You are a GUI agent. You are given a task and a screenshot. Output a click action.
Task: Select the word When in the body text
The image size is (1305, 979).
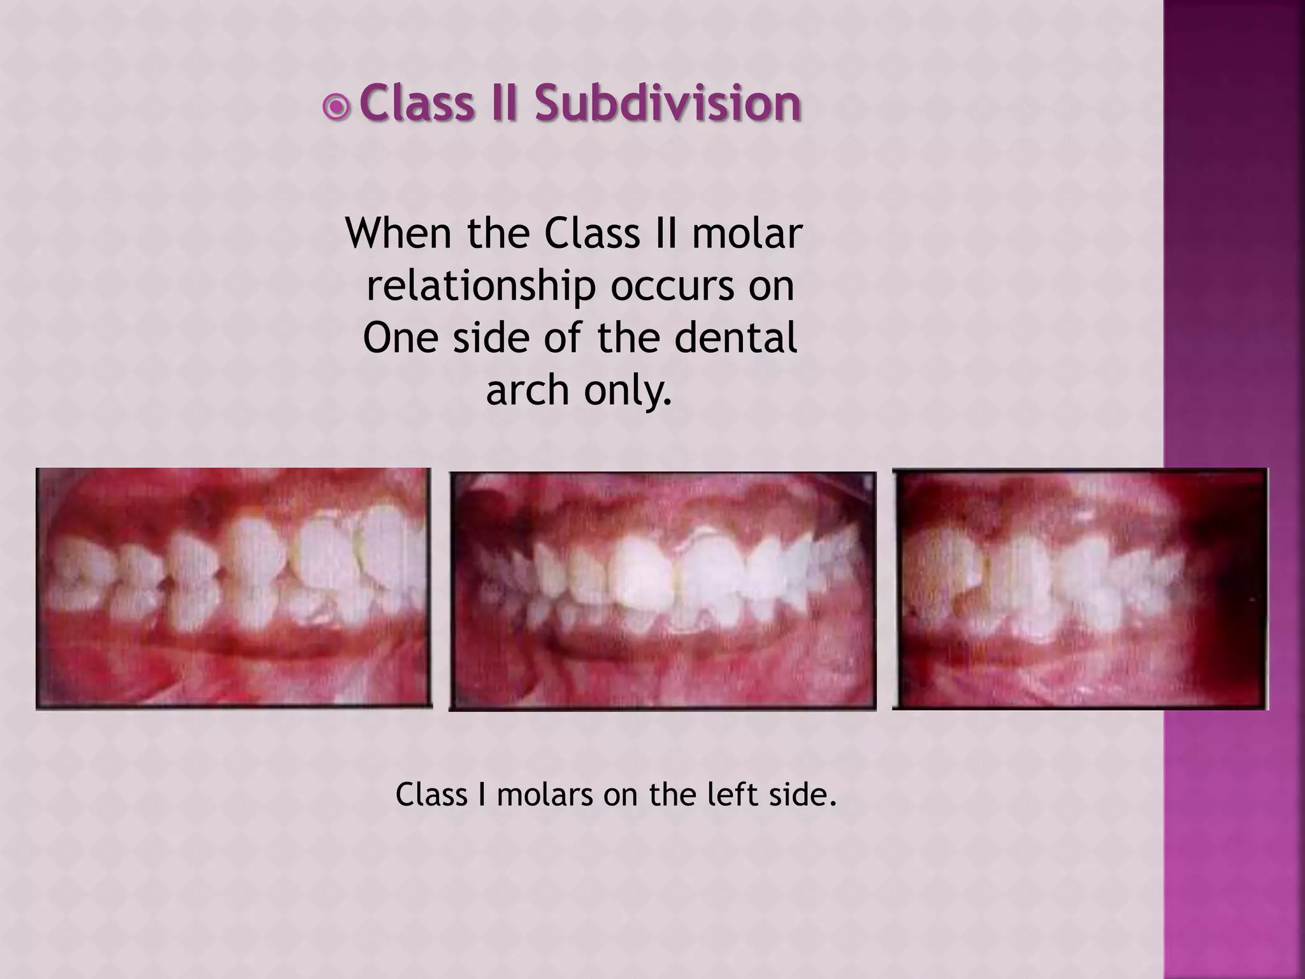point(400,233)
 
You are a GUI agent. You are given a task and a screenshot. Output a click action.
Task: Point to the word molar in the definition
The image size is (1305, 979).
point(746,233)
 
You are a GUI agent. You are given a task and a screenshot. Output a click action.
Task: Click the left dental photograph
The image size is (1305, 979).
point(234,588)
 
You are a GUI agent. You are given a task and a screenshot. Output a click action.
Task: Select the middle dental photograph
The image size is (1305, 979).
point(663,590)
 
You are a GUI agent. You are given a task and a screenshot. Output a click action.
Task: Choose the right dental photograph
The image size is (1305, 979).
point(1080,588)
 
